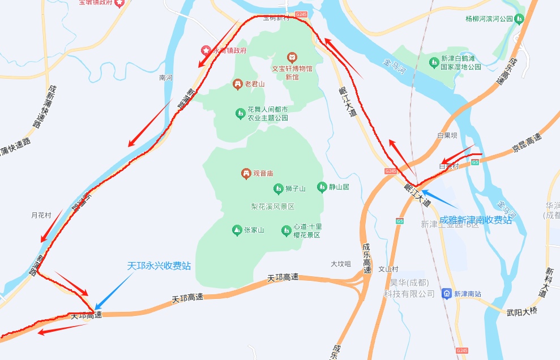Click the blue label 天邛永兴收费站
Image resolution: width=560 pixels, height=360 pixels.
[x=159, y=265]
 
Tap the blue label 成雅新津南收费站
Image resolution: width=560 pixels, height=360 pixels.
[x=476, y=220]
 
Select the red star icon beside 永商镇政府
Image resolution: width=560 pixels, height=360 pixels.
[x=206, y=50]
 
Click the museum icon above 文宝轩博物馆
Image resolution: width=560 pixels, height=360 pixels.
[x=292, y=57]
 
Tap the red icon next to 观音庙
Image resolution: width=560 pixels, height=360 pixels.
[x=246, y=173]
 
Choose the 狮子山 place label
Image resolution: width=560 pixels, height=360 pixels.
[x=296, y=188]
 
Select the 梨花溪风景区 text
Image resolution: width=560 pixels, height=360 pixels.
[x=273, y=207]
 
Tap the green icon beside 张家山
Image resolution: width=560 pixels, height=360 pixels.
[x=237, y=230]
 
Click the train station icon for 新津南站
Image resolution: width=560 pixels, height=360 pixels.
[x=446, y=294]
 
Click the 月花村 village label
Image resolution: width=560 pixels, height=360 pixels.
[x=41, y=215]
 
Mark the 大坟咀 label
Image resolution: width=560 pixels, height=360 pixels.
[x=341, y=264]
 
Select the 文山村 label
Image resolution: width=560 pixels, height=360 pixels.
[x=388, y=269]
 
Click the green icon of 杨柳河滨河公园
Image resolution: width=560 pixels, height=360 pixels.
[x=519, y=19]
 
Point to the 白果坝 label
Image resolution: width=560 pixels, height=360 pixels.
[x=447, y=136]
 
